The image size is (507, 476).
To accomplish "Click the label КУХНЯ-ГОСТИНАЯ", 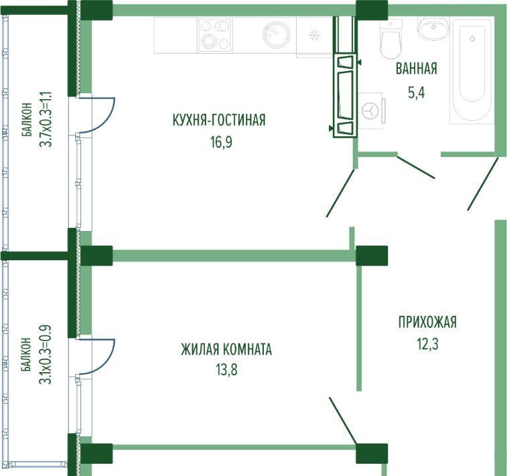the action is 219,120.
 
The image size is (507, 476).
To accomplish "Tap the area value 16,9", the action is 222,142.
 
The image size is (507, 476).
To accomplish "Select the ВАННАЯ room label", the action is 417,68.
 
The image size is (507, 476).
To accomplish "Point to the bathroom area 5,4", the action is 416,93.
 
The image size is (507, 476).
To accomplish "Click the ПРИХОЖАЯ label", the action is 427,322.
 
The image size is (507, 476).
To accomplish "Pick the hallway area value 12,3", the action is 427,344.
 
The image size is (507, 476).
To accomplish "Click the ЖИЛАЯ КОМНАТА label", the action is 226,349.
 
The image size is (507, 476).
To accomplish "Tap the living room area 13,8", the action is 226,369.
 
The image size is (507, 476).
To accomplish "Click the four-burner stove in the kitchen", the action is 215,35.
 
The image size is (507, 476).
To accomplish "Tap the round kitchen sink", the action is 277,34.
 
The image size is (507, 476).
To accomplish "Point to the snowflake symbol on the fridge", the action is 313,35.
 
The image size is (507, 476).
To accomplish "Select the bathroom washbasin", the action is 433,27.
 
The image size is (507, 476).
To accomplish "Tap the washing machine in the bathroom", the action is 371,111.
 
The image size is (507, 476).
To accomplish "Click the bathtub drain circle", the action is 472,38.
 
